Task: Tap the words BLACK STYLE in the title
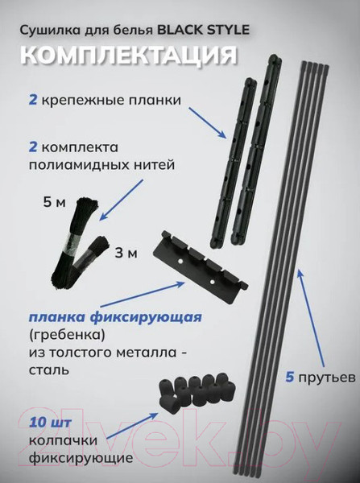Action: coord(207,29)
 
